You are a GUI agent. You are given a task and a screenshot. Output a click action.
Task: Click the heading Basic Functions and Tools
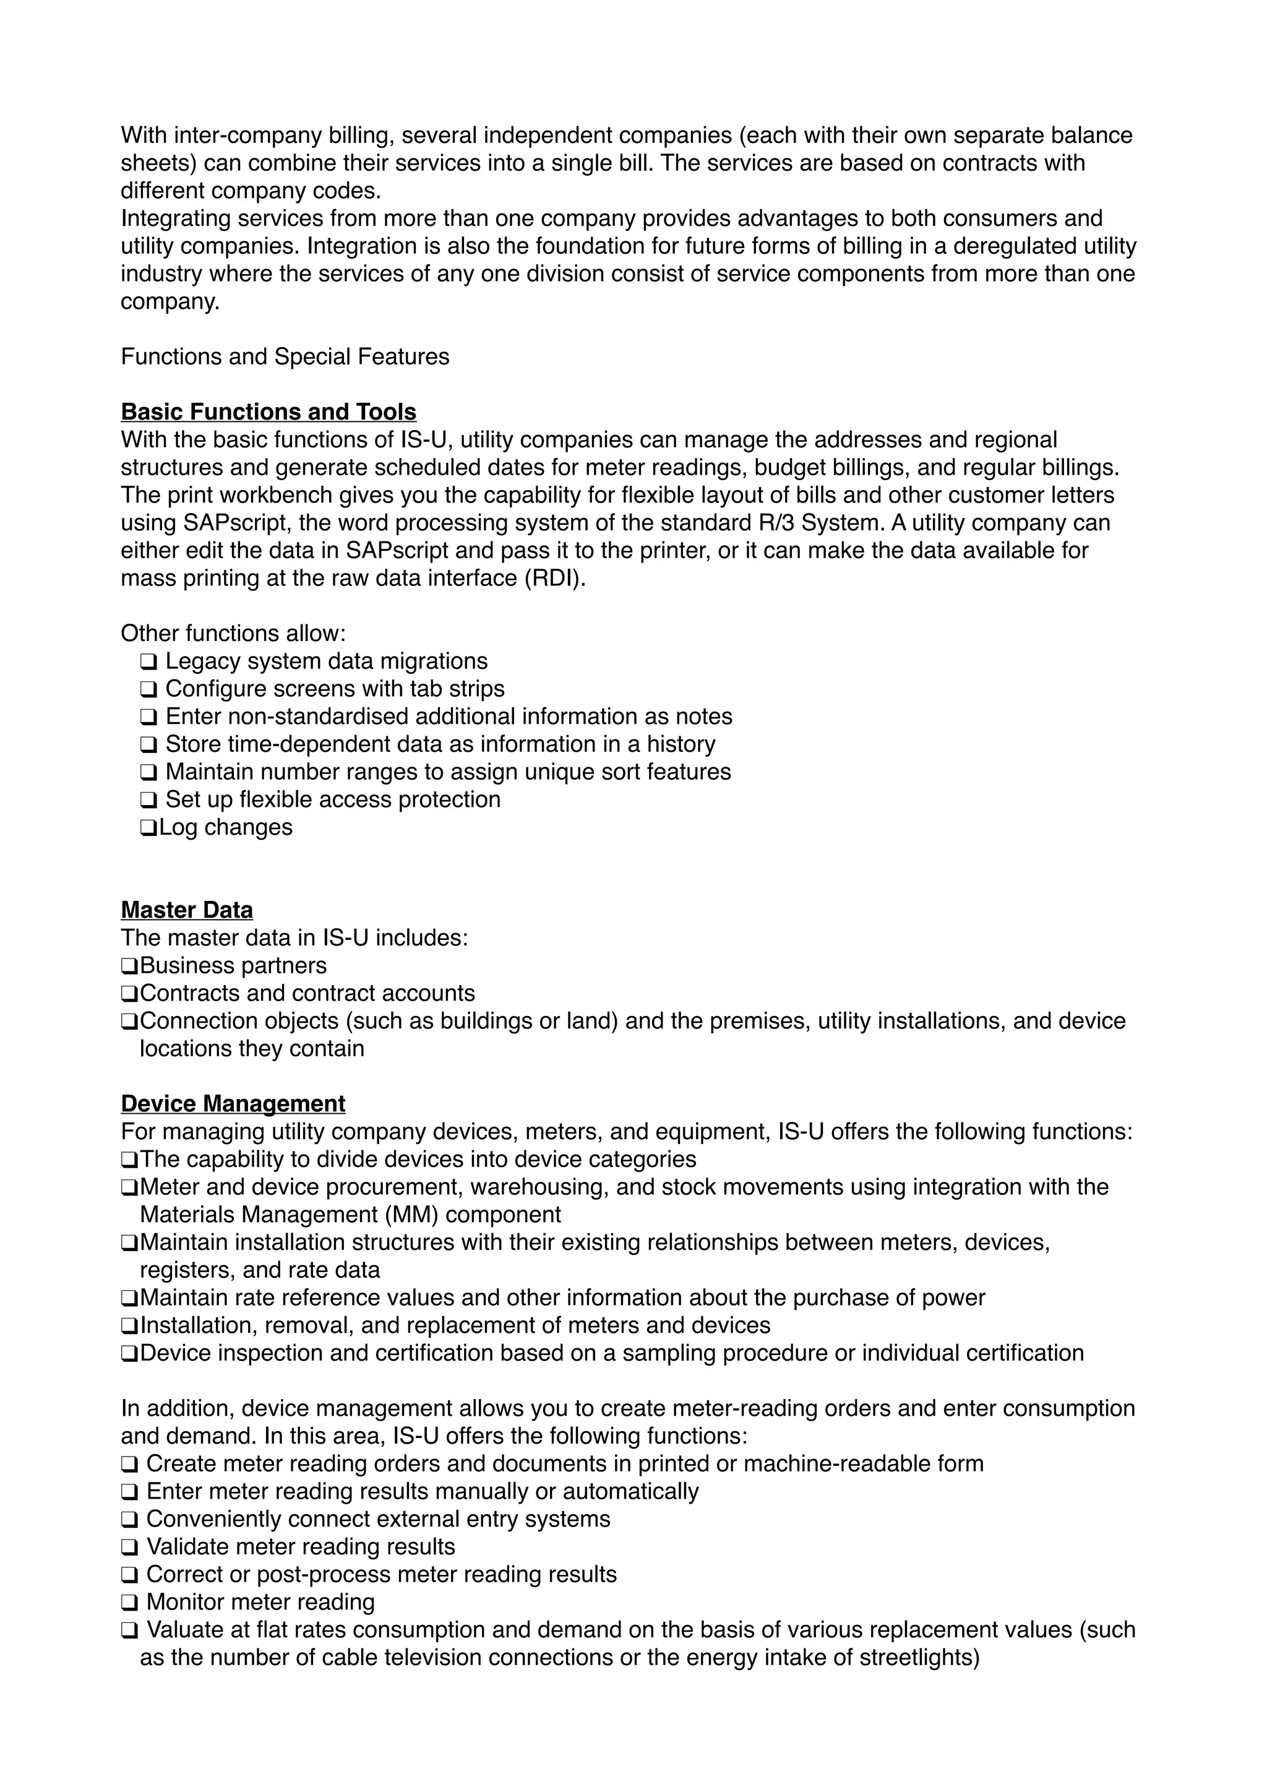[x=268, y=411]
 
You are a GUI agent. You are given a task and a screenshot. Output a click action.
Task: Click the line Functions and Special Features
[x=285, y=356]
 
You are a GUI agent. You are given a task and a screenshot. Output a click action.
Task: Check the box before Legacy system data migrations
[x=148, y=662]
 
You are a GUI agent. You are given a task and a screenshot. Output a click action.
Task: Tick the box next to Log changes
[x=148, y=827]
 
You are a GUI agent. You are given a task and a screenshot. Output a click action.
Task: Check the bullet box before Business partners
[x=129, y=967]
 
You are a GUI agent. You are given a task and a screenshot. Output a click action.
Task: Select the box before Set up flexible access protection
[x=148, y=800]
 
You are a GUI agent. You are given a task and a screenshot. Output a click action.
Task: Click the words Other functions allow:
[x=233, y=633]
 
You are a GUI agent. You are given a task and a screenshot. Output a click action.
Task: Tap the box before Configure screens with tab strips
[x=148, y=689]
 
